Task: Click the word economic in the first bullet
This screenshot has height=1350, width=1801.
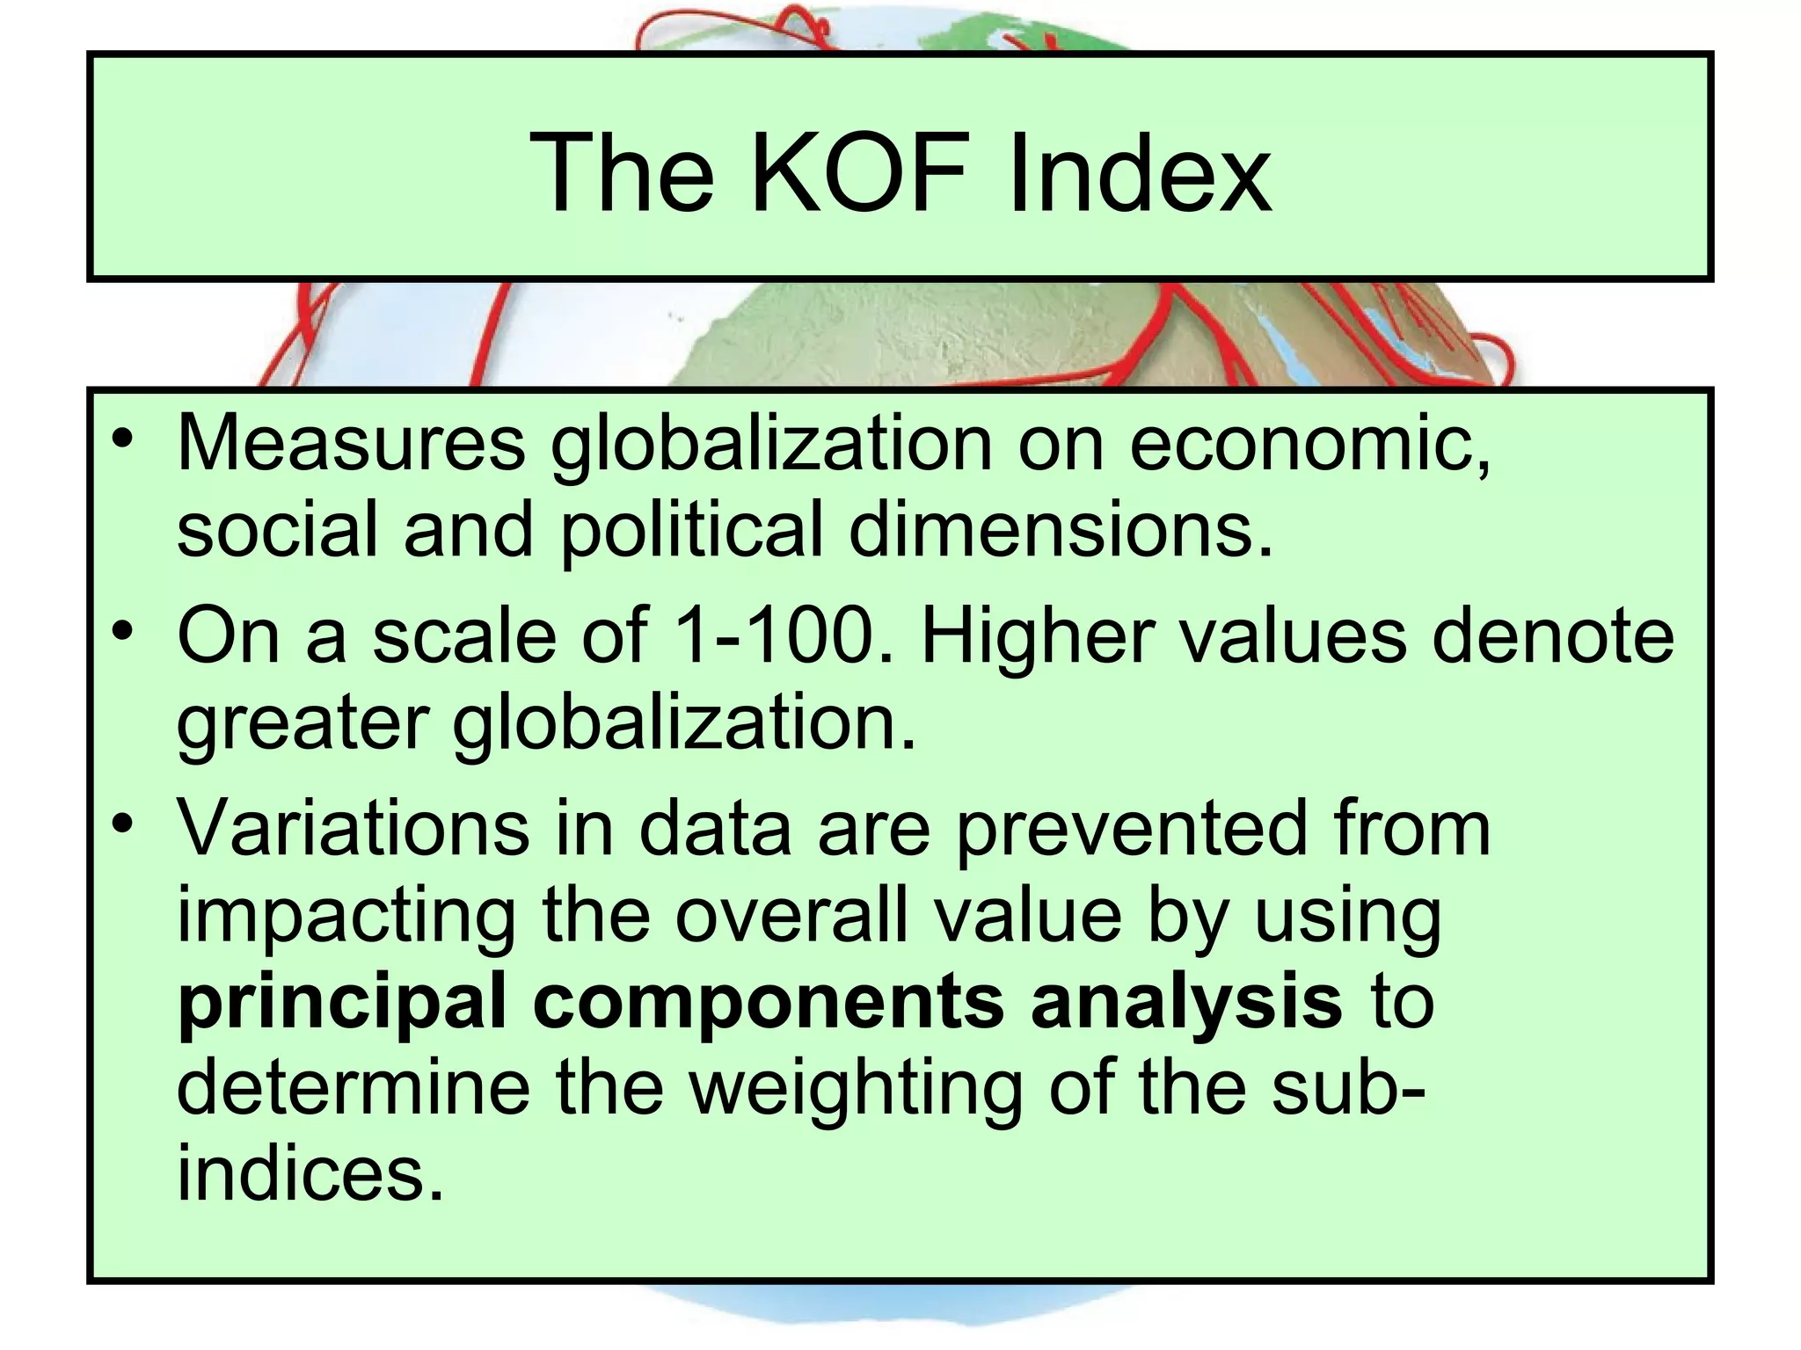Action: pyautogui.click(x=1309, y=444)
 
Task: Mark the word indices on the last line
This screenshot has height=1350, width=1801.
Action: pyautogui.click(x=310, y=1174)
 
